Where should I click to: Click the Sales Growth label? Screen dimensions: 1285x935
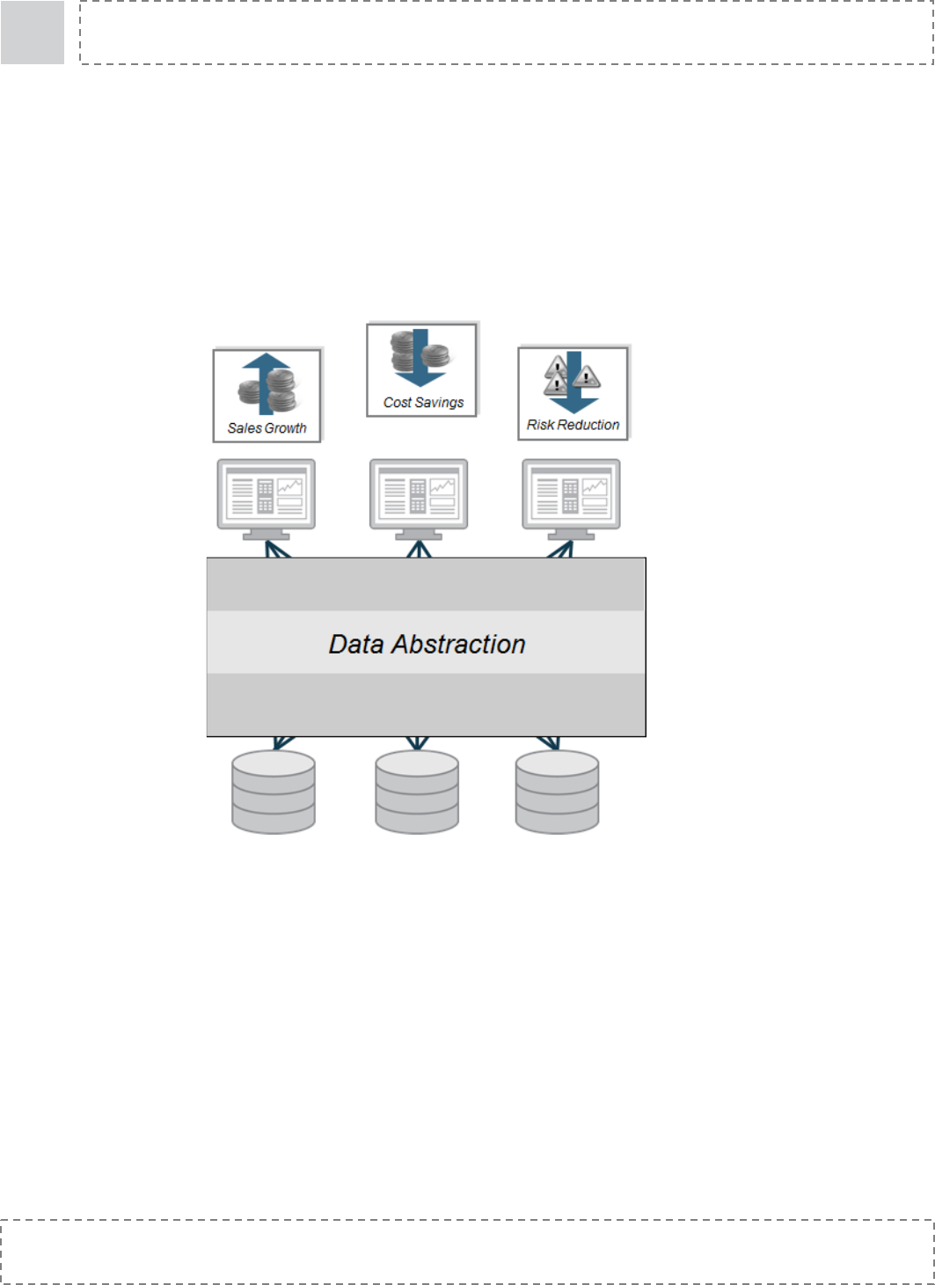tap(267, 428)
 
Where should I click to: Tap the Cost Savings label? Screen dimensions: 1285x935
tap(423, 402)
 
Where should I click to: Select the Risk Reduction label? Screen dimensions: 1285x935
tap(573, 425)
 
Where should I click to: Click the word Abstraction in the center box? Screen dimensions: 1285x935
tap(458, 644)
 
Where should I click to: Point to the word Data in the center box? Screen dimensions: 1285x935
tap(356, 644)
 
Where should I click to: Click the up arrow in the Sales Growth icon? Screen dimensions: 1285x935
tap(266, 369)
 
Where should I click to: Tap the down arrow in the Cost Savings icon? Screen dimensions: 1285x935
tap(420, 369)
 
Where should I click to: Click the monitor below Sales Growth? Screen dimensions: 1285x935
tap(267, 497)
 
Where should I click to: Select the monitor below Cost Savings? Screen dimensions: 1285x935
tap(419, 497)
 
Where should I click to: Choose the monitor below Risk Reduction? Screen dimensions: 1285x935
tap(571, 497)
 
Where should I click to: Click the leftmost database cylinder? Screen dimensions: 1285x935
tap(274, 792)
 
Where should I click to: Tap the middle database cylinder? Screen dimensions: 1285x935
tap(417, 792)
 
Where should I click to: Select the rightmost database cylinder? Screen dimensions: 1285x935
tap(557, 792)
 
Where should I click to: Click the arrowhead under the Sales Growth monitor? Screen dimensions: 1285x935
tap(277, 550)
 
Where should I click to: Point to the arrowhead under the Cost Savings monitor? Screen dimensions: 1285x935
tap(419, 550)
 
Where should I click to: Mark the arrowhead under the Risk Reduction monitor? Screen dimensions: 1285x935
tap(561, 550)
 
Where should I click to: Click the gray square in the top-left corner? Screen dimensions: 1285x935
tap(33, 33)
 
